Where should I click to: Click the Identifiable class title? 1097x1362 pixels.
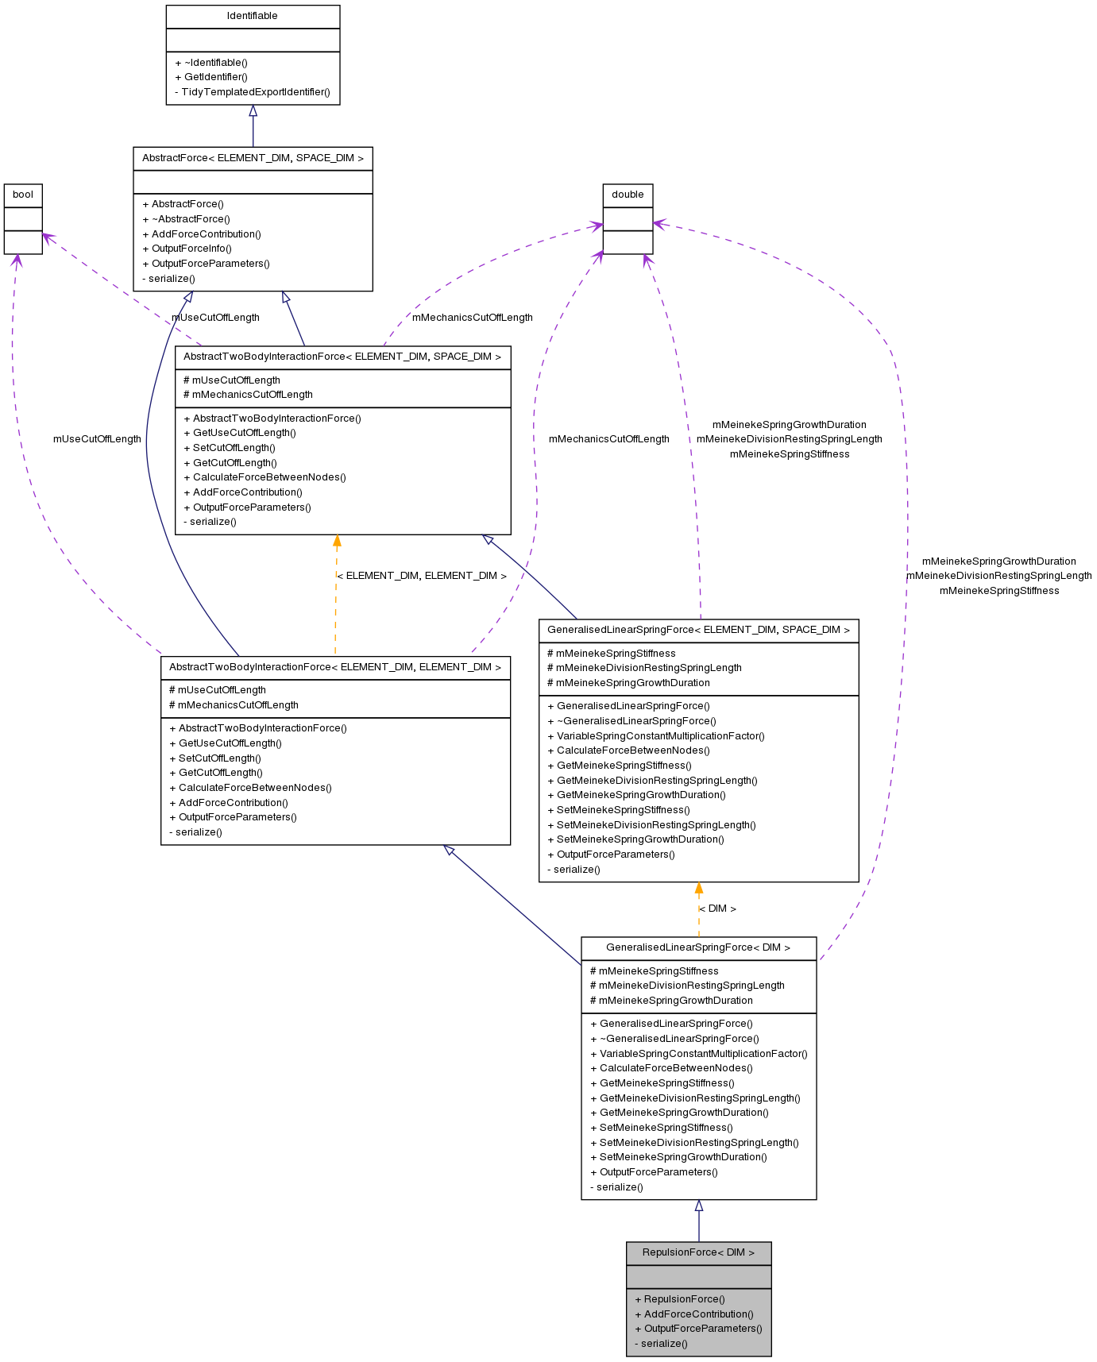pos(253,16)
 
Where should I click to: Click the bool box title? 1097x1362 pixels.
pos(23,195)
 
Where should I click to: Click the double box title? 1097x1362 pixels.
pos(628,195)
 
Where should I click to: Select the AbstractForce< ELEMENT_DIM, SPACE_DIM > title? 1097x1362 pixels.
pos(253,158)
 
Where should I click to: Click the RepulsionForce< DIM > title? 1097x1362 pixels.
pos(698,1252)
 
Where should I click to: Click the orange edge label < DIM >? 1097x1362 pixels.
pos(717,909)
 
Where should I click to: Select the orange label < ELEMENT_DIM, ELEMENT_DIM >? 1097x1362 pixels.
pos(422,576)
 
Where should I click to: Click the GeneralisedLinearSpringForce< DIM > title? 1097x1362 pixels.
pos(698,947)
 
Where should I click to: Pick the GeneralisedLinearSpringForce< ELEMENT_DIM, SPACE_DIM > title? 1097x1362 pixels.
pos(698,630)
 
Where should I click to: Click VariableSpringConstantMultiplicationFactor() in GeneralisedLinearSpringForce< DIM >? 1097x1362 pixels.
pos(703,1054)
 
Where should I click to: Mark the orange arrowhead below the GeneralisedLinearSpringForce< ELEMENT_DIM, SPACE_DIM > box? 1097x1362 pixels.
pos(699,889)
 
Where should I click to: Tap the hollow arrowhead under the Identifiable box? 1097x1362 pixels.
pos(253,111)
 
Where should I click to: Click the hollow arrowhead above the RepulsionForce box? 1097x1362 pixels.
pos(699,1206)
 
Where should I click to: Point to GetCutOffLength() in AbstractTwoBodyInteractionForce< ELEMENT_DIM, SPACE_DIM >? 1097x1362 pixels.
pos(234,463)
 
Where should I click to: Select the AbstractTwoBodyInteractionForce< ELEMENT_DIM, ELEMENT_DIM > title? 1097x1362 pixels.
pos(335,667)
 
